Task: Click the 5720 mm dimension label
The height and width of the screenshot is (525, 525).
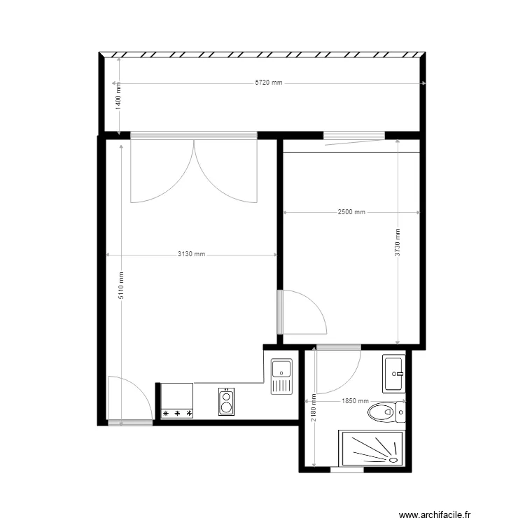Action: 269,83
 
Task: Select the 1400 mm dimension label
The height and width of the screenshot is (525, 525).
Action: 118,96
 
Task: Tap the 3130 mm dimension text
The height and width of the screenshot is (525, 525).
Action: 191,254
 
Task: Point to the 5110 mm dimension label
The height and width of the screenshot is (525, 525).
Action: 121,286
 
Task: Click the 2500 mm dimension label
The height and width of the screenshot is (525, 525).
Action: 351,211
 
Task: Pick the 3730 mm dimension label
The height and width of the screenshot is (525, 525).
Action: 398,242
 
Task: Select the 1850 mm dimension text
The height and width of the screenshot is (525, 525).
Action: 355,401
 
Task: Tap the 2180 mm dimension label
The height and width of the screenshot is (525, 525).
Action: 314,407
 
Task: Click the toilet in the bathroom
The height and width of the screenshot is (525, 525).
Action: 386,412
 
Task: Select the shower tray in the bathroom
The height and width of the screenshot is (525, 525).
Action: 372,448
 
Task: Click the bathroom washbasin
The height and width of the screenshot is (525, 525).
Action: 393,374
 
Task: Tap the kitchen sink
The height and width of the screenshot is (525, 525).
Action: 281,377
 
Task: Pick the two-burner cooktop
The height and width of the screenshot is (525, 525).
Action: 226,402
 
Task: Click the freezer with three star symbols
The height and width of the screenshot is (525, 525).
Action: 177,401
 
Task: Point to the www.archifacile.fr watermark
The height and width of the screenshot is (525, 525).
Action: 435,515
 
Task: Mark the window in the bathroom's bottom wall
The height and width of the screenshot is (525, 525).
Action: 347,470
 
